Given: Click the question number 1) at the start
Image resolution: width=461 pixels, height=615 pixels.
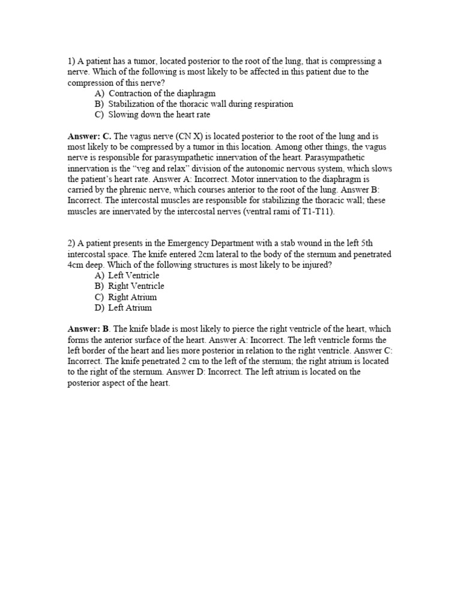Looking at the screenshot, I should [71, 61].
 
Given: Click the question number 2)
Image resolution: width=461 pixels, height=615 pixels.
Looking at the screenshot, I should [71, 243].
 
